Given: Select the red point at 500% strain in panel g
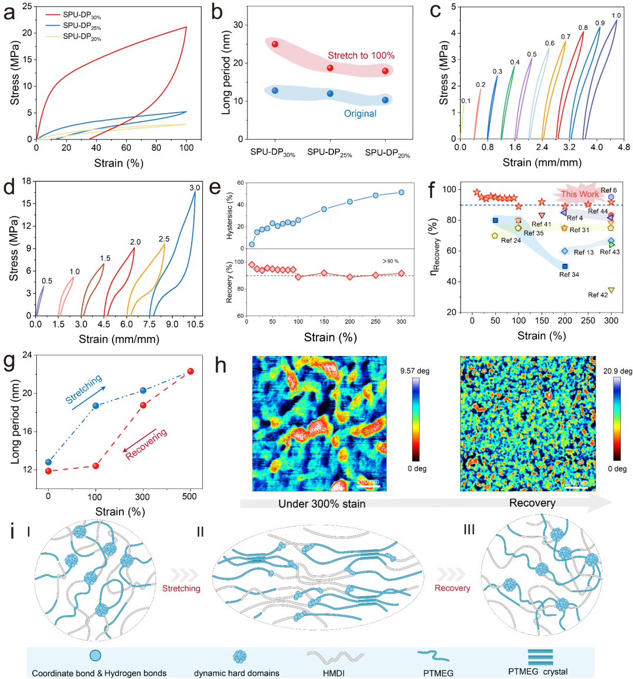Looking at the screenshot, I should [x=190, y=371].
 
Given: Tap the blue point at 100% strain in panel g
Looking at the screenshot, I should [x=96, y=406].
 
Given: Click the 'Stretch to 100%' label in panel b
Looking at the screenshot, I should [x=361, y=55].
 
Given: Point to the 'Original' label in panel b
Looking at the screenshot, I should [x=360, y=113].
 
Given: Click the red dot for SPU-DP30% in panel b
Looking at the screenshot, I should [x=275, y=45].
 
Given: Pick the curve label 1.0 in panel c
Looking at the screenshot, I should [x=616, y=16].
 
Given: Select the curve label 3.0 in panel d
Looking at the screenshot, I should [x=195, y=188].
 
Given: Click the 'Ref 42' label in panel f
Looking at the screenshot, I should [x=598, y=295].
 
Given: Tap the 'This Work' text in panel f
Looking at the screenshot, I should [x=580, y=194].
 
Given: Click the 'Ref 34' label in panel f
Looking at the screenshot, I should [x=569, y=274].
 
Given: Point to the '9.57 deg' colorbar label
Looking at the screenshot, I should [x=416, y=371].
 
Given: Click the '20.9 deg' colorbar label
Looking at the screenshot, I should [x=618, y=371].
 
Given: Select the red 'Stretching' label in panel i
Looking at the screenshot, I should [x=181, y=588].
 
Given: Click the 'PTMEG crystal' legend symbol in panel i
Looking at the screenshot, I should [x=540, y=656].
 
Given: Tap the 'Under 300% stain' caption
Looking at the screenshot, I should [x=322, y=504].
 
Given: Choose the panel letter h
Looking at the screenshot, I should [x=221, y=365].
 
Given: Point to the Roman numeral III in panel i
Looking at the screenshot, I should [x=469, y=530].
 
